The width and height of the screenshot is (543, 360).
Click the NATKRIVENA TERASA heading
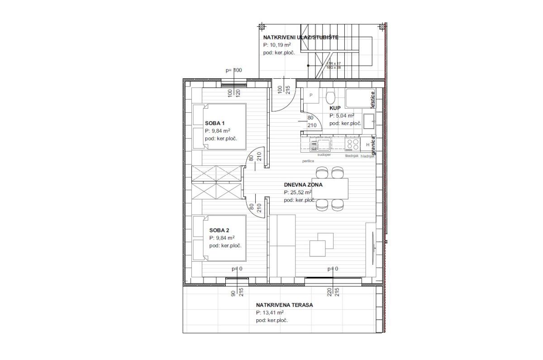284,305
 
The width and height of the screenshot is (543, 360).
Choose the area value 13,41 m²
270,313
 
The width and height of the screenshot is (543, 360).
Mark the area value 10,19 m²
277,46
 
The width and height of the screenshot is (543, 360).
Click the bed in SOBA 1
219,127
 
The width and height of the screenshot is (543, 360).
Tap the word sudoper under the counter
324,155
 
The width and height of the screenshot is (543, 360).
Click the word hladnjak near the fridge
367,155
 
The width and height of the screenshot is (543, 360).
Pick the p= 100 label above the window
234,70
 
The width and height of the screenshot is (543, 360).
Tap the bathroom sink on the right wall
369,120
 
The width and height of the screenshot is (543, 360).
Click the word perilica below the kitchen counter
309,161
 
